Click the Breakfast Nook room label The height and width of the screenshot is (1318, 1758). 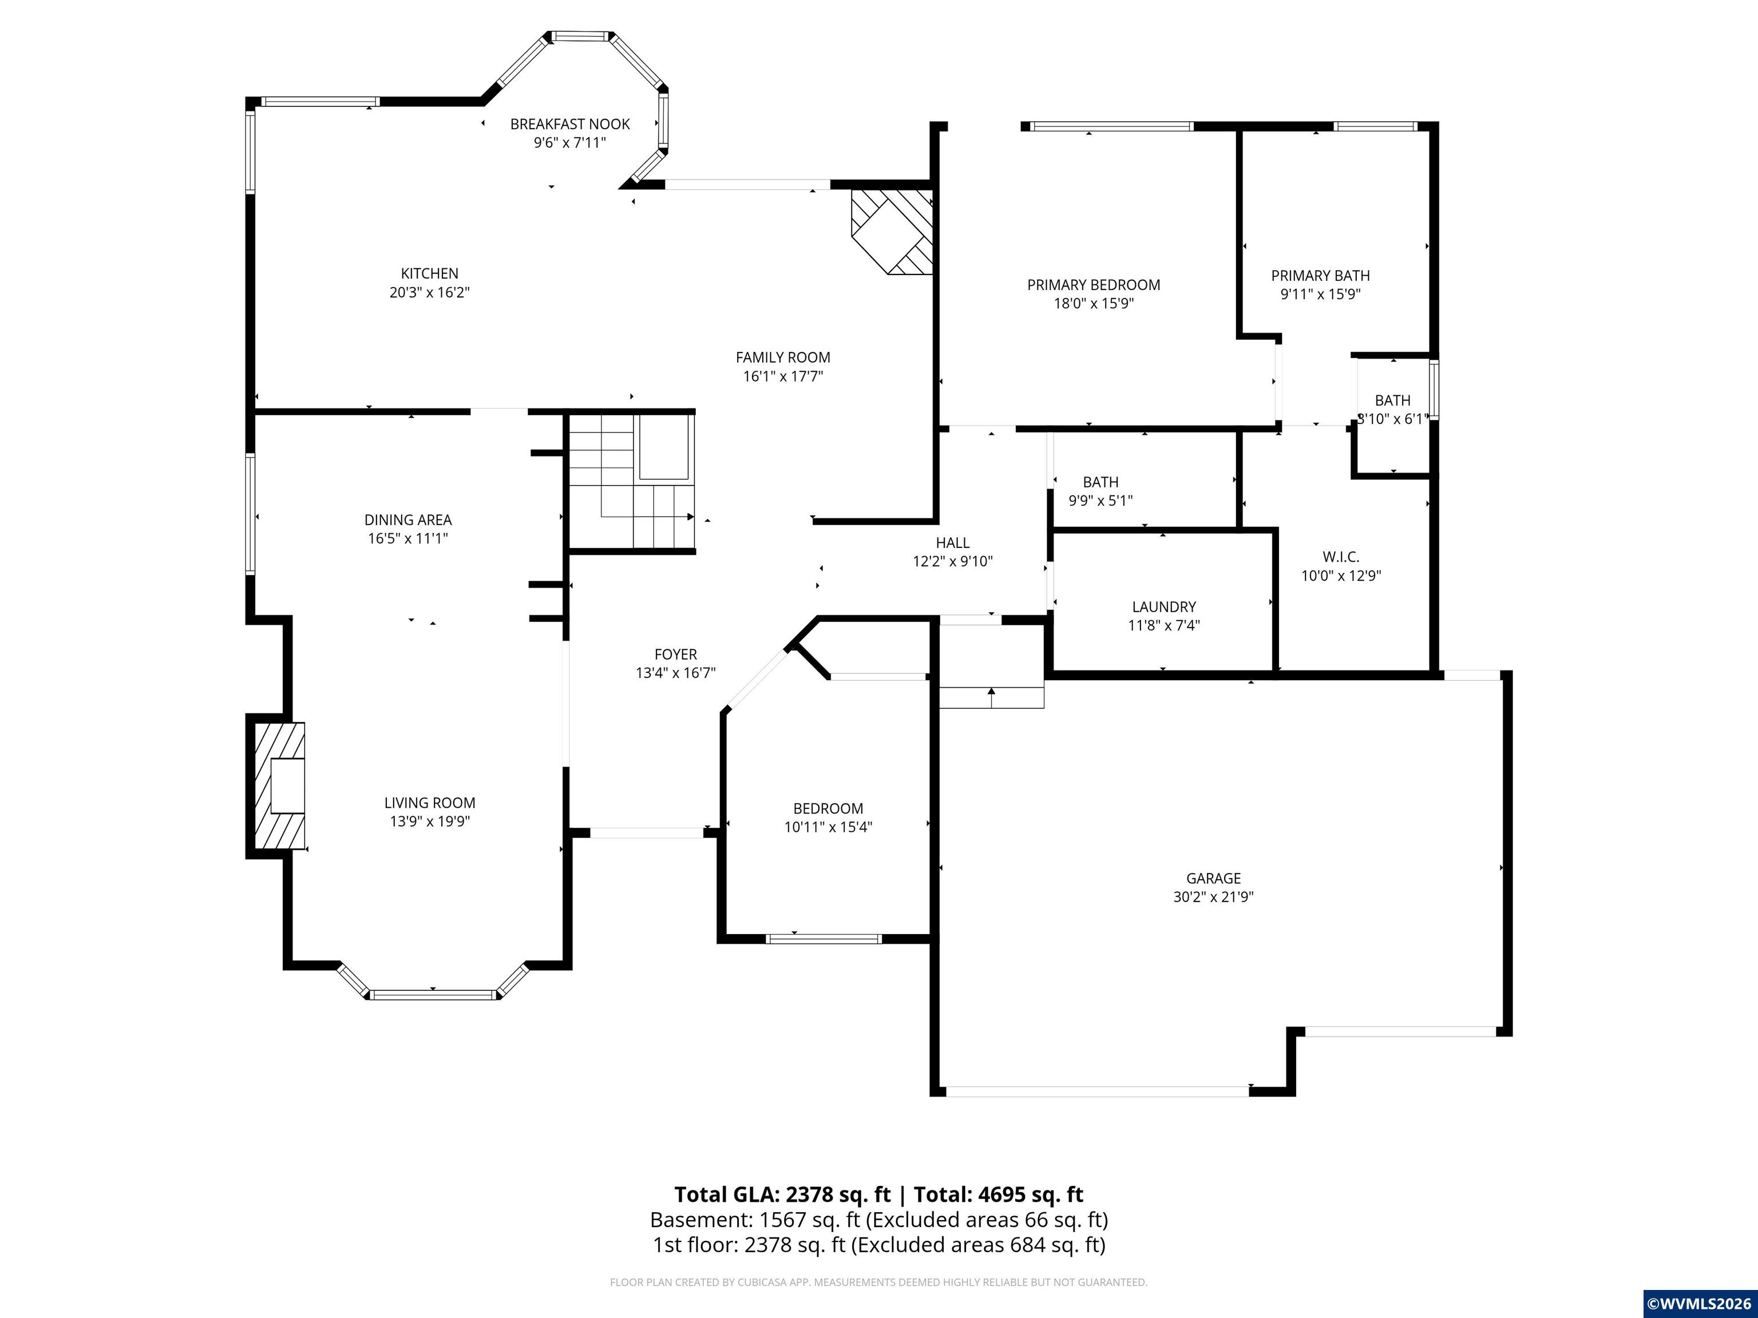[x=570, y=124]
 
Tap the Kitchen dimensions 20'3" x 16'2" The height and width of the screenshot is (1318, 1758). [x=429, y=292]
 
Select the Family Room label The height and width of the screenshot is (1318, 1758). [x=783, y=358]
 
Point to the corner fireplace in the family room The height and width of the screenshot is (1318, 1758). [x=892, y=231]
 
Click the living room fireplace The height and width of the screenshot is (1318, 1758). [x=279, y=786]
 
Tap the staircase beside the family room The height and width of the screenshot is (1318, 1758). [x=632, y=482]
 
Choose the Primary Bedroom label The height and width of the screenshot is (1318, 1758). [x=1094, y=284]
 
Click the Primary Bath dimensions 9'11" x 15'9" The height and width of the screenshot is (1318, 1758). [x=1320, y=294]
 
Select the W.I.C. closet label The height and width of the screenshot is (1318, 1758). [x=1341, y=557]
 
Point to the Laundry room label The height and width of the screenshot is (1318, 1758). [x=1163, y=607]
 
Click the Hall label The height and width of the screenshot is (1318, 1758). [x=952, y=543]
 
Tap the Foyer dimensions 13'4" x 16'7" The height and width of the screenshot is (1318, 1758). [x=675, y=673]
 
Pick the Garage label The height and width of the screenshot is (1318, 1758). [x=1213, y=878]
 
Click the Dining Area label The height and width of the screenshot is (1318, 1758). [x=407, y=519]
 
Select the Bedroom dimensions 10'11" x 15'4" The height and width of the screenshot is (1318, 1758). [x=828, y=827]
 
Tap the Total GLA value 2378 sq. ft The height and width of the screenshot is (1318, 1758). [x=838, y=1195]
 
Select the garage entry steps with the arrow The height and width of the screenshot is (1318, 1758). [x=991, y=696]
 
